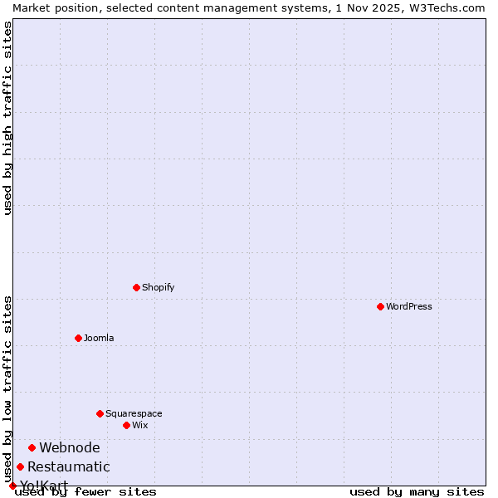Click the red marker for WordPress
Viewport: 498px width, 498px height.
(380, 306)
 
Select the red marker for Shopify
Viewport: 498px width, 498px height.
(136, 287)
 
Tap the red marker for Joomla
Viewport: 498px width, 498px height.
(78, 338)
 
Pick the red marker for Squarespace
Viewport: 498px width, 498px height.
(100, 413)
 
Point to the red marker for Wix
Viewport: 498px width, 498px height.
(126, 425)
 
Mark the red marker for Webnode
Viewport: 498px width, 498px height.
(32, 447)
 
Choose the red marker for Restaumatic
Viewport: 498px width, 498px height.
(20, 466)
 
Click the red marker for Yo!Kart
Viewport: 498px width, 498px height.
(12, 486)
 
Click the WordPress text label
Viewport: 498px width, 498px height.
(409, 306)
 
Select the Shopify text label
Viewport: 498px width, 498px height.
(158, 287)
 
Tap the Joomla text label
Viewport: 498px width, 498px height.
(99, 338)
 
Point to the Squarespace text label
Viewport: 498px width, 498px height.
(134, 413)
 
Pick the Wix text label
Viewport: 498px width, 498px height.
(140, 425)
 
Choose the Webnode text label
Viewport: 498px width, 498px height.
(70, 448)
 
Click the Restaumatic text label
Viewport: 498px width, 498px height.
(69, 467)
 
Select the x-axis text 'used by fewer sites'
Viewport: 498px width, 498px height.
(85, 491)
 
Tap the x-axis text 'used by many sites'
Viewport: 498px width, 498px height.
(417, 491)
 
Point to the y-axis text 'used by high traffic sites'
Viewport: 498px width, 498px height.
(7, 118)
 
